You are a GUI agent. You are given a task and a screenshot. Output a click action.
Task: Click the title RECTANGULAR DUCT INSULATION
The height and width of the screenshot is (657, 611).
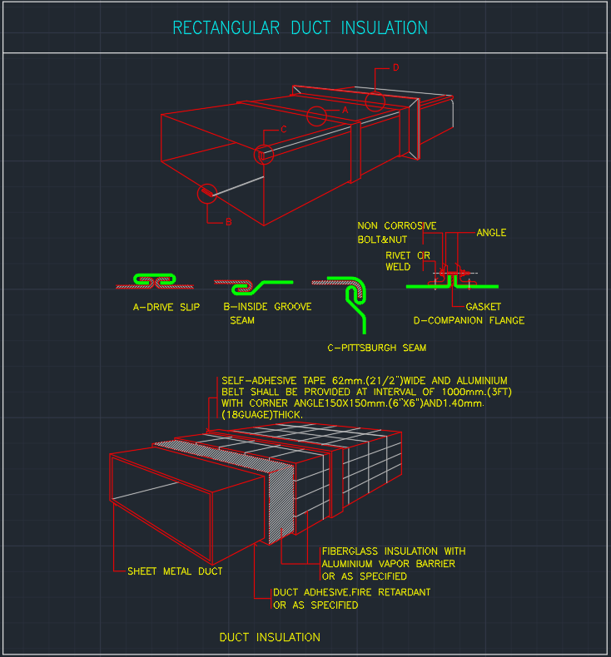point(300,28)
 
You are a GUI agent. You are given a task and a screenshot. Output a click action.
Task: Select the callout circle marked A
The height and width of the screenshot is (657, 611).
point(316,116)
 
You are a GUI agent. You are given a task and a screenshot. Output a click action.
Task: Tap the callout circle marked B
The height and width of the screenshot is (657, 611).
point(206,194)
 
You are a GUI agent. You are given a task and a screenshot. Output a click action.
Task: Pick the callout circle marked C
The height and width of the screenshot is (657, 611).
point(264,155)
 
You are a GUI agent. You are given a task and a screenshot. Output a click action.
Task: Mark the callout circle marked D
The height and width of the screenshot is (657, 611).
point(375,101)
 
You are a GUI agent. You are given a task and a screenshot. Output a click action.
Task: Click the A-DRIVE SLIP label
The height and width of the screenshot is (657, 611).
point(166,307)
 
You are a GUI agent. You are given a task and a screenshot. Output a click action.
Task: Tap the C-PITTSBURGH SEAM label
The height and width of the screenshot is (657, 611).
point(377,348)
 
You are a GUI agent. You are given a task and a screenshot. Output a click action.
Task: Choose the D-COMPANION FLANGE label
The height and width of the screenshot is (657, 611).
point(469,320)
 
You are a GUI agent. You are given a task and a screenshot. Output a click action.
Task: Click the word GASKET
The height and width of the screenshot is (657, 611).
point(484,307)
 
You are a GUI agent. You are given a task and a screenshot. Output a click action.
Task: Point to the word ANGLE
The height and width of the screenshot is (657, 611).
point(491,233)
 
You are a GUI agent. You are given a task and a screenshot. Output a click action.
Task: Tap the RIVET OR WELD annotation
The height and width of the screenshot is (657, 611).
point(406,261)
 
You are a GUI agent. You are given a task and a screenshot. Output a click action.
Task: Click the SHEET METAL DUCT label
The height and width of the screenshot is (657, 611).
point(175,571)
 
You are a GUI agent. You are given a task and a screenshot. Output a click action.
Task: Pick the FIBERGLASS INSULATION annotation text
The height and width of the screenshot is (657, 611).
point(393,563)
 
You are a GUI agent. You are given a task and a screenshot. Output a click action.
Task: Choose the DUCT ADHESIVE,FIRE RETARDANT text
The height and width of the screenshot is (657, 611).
point(351,598)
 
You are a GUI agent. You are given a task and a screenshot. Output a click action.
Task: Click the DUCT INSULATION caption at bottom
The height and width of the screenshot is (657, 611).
point(270,637)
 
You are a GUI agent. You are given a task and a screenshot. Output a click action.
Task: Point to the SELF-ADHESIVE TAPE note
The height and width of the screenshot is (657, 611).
point(364,397)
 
